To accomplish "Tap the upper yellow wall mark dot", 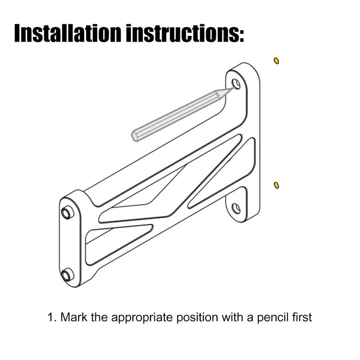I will tap(276, 61).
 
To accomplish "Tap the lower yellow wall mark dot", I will tap(276, 185).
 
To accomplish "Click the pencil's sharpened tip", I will tap(232, 89).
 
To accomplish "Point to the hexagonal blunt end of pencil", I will tap(135, 136).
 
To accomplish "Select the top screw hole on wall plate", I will tap(236, 84).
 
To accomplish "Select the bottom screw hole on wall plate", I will tap(236, 208).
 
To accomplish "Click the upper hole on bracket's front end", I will tap(67, 212).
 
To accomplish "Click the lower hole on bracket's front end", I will tap(67, 274).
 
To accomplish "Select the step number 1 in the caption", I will tap(50, 317).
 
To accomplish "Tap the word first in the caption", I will tap(301, 317).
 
